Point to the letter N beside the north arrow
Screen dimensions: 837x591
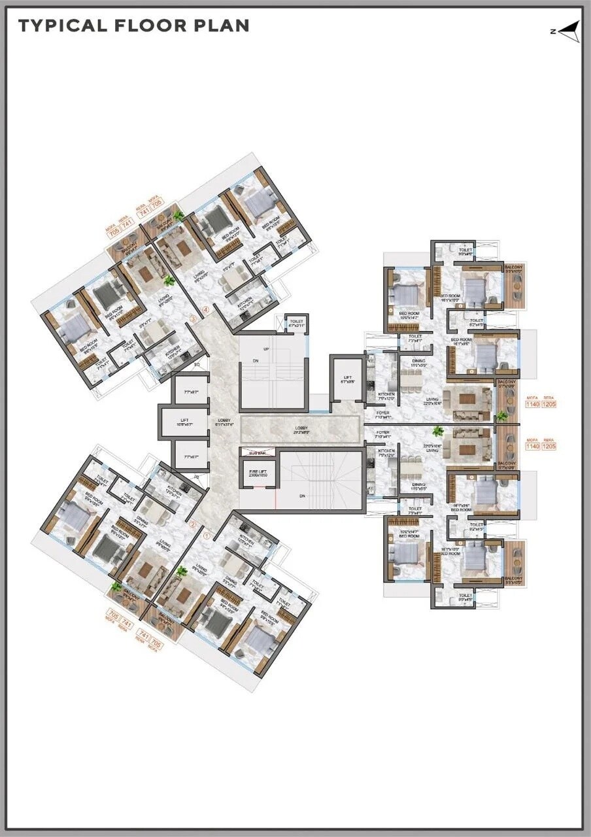point(553,31)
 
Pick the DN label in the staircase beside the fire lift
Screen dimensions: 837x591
point(302,496)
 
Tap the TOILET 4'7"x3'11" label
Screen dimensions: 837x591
point(296,322)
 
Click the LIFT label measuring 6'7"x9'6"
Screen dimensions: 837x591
point(347,380)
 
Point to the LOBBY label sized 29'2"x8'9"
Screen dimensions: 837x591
point(301,430)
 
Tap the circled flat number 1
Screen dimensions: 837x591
point(207,534)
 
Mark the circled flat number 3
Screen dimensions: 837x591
point(192,319)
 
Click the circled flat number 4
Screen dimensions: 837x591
point(207,309)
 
